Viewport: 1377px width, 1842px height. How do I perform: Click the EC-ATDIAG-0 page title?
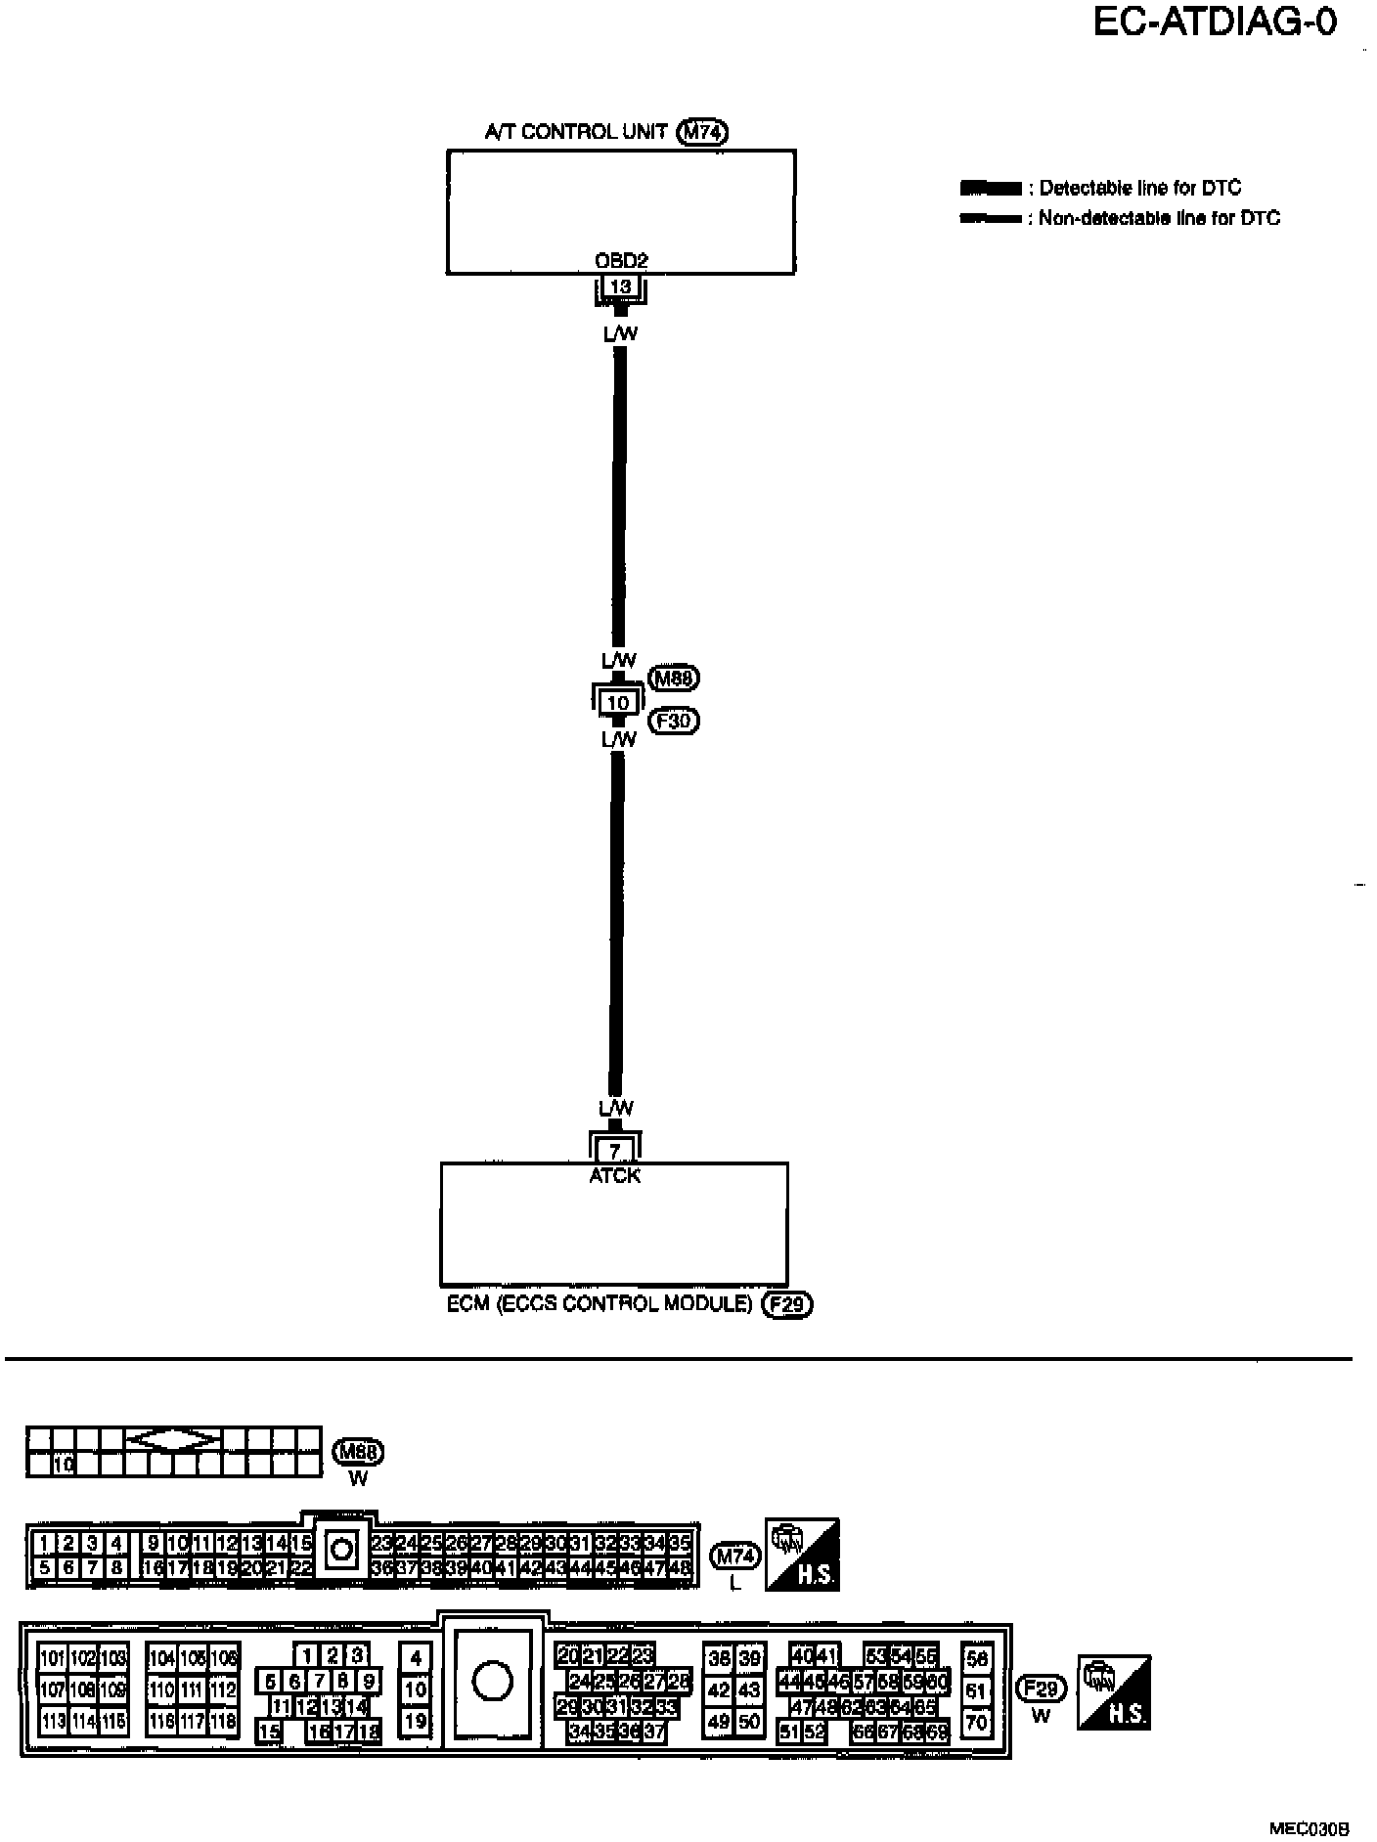1214,22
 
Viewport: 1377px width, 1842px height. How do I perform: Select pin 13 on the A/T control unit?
619,286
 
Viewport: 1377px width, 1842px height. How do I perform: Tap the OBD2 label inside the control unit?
621,261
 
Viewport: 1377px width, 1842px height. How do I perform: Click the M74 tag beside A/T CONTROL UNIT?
702,132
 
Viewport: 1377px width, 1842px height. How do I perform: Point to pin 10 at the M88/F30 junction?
618,702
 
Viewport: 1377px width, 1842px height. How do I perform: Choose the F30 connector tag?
674,722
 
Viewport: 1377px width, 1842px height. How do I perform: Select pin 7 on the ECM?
614,1151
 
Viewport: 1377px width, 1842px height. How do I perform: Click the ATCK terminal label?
614,1176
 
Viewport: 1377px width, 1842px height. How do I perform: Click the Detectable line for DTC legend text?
1139,188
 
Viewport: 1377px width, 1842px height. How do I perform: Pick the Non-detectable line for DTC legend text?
1159,218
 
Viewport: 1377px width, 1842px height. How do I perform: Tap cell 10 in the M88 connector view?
64,1465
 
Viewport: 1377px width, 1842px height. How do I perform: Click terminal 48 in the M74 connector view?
681,1567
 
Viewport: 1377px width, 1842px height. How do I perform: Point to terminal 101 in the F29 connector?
52,1658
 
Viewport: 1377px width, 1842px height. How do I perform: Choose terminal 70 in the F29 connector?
976,1724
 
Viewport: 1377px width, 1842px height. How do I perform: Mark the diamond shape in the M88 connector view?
174,1440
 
